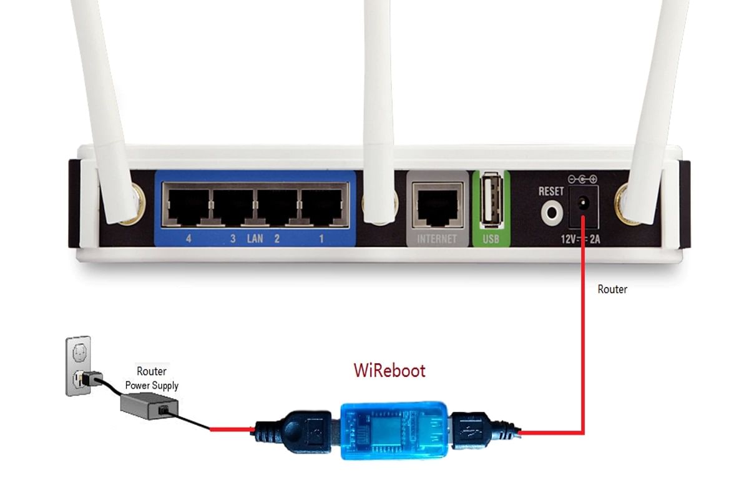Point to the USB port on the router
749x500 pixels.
tap(491, 199)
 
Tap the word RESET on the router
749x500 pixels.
tap(551, 191)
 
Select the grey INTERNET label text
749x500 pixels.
tap(437, 239)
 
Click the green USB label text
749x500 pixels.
tap(491, 239)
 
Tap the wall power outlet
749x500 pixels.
tap(79, 366)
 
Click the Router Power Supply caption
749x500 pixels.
tap(151, 379)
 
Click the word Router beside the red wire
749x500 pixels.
tap(612, 289)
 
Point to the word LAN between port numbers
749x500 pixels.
tap(255, 238)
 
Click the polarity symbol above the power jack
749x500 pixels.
tap(583, 179)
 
